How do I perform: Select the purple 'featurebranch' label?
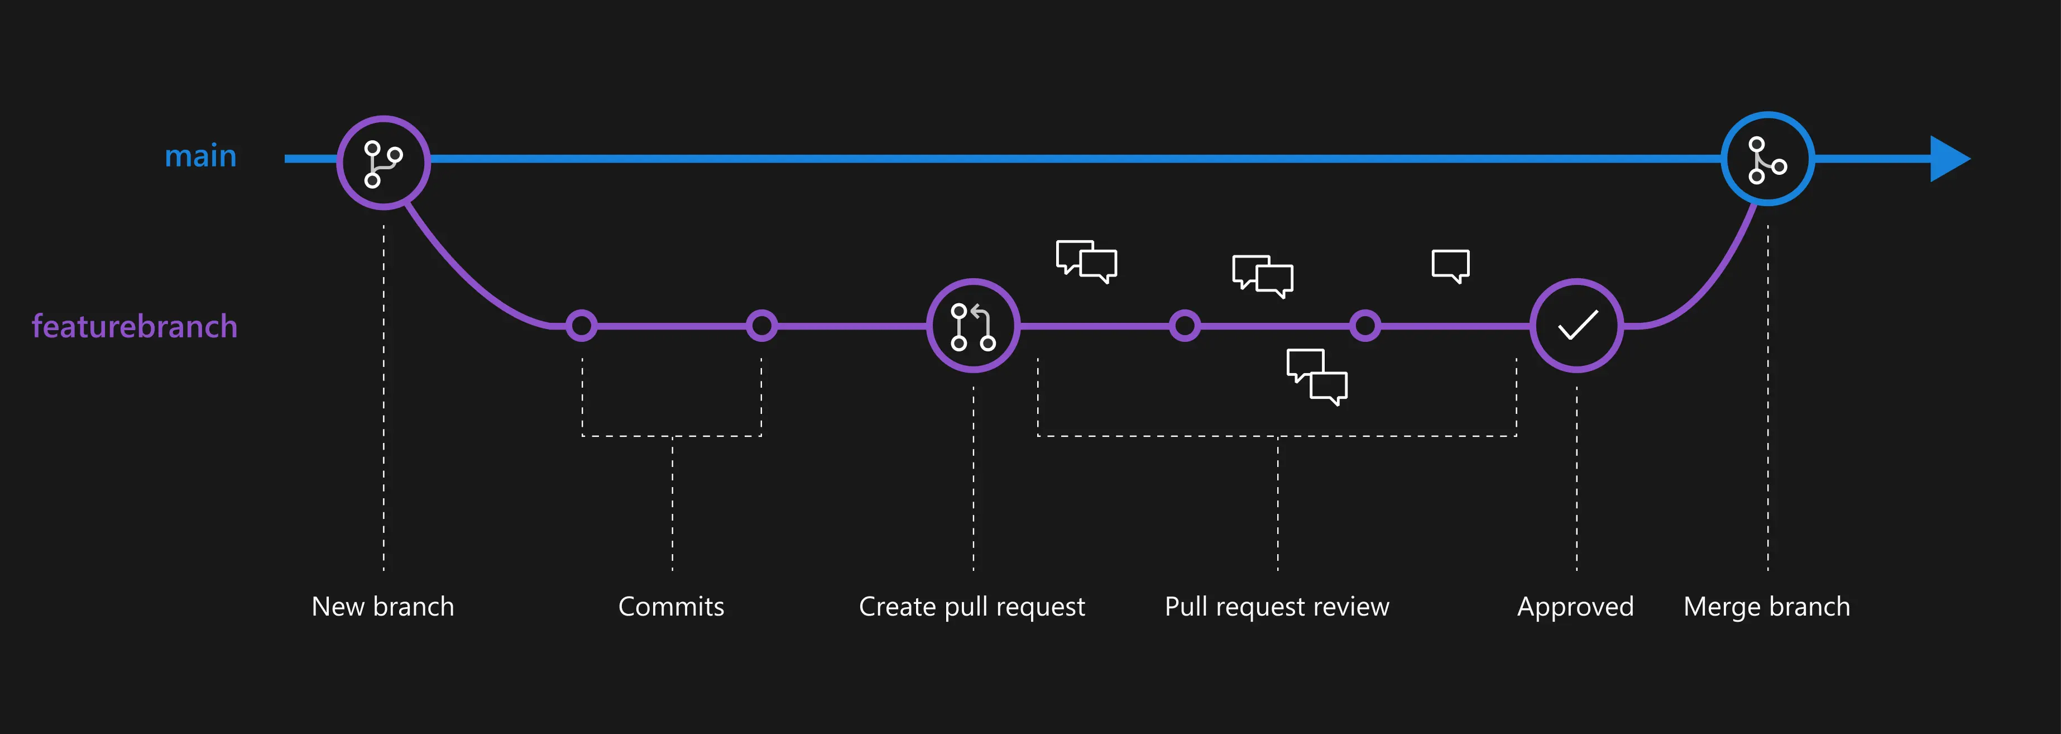135,327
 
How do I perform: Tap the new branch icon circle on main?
384,163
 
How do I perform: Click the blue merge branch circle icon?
1767,159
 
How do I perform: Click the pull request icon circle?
973,326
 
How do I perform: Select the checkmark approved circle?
1576,326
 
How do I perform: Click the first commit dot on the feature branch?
582,326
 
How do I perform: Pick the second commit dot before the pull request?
761,326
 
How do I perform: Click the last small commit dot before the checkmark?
1364,326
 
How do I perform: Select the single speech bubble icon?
1450,265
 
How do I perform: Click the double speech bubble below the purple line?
1316,376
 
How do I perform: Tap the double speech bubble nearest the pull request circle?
1086,261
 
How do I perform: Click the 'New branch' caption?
382,607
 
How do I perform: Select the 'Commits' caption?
670,607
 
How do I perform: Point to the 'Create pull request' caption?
971,607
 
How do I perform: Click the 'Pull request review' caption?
1276,607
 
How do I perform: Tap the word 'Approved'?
1575,607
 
